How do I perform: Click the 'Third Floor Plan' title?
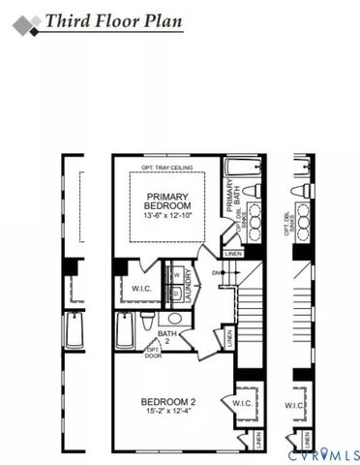[x=113, y=20]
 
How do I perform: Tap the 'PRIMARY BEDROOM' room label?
[x=167, y=200]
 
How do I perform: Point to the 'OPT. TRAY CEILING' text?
[x=166, y=169]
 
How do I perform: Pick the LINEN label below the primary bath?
[x=232, y=254]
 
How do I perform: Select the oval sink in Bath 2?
[x=174, y=317]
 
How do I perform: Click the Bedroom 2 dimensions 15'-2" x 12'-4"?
[x=167, y=415]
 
